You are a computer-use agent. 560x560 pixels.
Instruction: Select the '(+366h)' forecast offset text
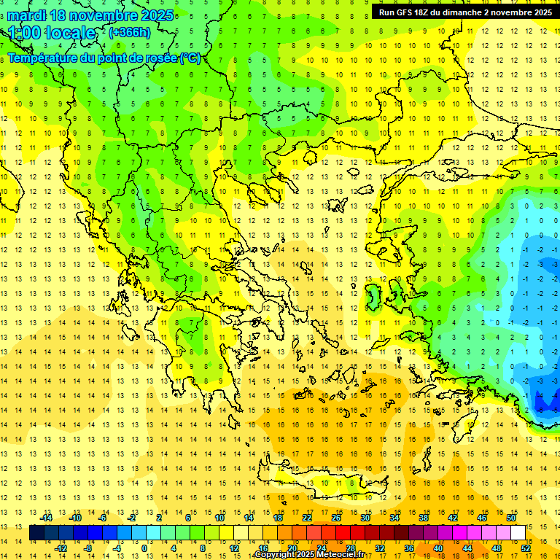coord(130,32)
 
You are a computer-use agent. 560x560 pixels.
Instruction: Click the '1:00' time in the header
coord(25,33)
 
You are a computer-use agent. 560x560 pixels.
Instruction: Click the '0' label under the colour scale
coord(144,548)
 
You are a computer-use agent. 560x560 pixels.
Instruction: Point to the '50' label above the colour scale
coord(511,518)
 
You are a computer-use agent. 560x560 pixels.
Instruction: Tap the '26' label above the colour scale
coord(337,518)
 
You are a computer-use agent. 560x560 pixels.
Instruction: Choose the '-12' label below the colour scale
coord(61,548)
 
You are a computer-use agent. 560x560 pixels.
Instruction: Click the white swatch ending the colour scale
coord(518,533)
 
